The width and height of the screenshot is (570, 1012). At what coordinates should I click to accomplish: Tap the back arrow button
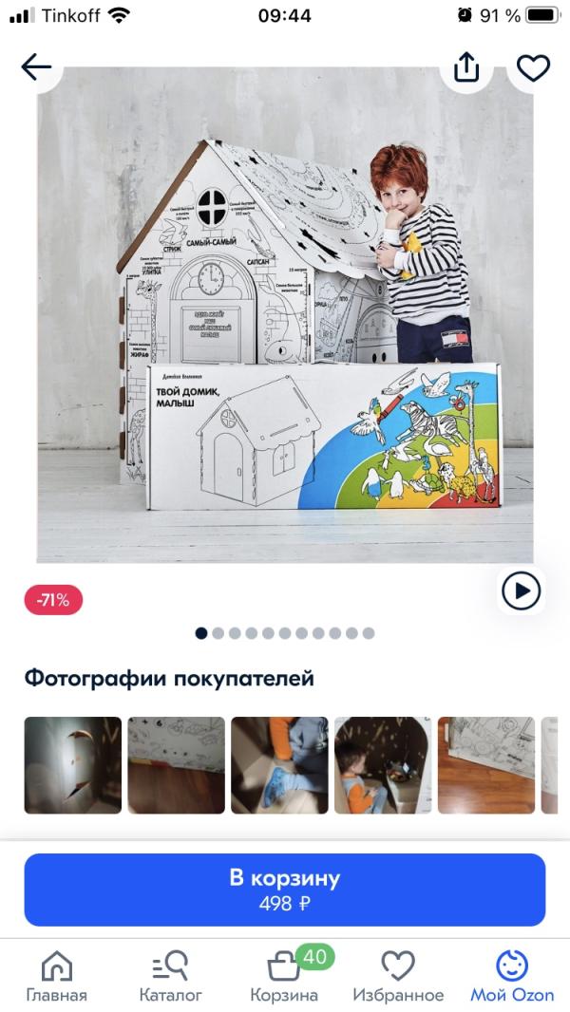click(36, 66)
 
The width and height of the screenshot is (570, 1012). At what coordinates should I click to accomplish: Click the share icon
click(466, 67)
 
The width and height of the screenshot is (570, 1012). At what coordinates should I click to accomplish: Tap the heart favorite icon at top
click(533, 67)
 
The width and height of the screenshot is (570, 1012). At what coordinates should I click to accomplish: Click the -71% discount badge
click(53, 600)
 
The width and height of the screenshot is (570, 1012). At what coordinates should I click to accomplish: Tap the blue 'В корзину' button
click(285, 889)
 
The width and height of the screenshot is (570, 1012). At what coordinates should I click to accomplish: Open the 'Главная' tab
click(56, 977)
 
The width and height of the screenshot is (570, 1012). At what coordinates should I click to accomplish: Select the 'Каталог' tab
click(171, 977)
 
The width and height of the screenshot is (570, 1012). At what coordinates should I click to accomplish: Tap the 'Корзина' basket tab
click(284, 977)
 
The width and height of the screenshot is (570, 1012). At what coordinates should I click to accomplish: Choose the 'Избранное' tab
click(398, 977)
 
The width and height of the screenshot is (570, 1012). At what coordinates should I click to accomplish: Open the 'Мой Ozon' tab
click(512, 977)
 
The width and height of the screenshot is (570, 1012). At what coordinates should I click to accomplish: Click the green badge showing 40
click(314, 957)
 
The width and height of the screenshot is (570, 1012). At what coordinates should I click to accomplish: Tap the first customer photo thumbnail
click(73, 765)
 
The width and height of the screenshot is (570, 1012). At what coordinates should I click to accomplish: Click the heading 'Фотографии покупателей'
click(169, 679)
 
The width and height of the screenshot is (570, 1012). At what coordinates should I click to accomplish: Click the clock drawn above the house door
click(212, 278)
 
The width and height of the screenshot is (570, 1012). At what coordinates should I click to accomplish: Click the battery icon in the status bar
click(542, 15)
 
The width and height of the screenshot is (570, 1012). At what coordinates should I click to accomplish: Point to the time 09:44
click(285, 15)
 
